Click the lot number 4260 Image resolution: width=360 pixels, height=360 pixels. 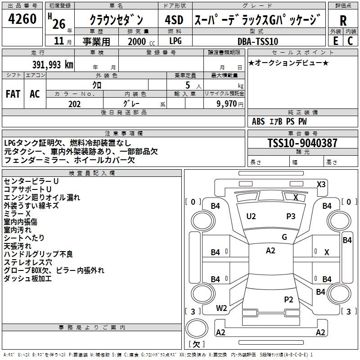tap(22, 20)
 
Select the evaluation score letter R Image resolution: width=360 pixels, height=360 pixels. tap(343, 21)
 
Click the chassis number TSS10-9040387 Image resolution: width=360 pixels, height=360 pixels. tap(302, 143)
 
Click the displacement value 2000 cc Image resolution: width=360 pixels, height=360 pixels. tap(137, 41)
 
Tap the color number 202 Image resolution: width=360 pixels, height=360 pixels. tap(74, 104)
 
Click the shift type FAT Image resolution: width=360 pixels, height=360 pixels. tap(13, 94)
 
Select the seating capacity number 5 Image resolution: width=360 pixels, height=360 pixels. tap(187, 85)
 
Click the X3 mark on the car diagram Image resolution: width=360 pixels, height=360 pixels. tap(321, 184)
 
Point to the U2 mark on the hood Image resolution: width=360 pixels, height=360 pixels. tap(251, 216)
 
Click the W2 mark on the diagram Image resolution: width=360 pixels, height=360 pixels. tap(221, 308)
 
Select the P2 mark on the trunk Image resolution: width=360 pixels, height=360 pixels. tap(288, 299)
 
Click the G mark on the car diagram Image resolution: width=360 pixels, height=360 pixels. tap(284, 237)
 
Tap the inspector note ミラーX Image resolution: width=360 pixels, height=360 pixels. tap(17, 213)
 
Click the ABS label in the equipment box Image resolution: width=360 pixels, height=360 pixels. tap(258, 121)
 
